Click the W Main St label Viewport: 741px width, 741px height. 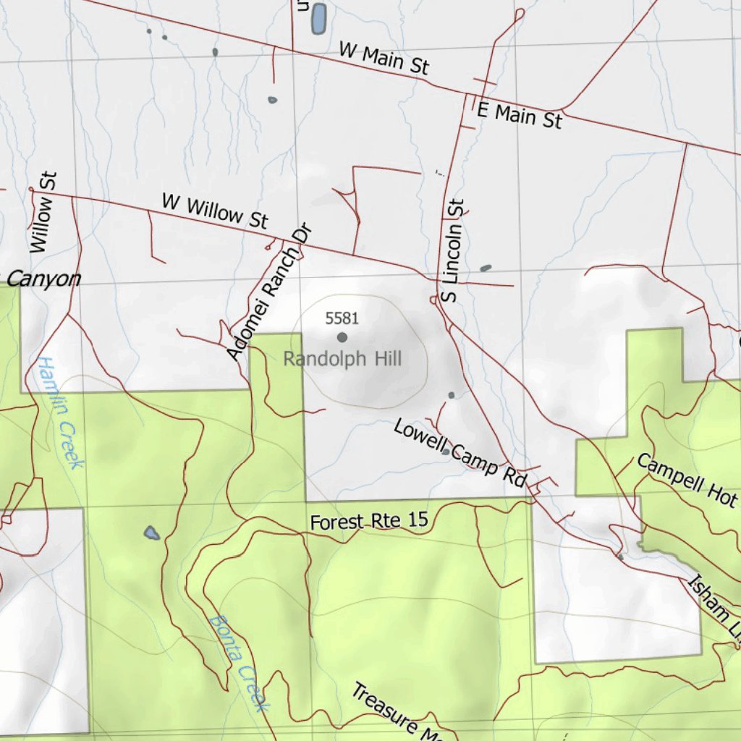(384, 58)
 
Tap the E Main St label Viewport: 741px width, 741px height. (520, 114)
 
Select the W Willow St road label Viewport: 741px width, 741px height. (215, 211)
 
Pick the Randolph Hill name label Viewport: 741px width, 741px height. (342, 359)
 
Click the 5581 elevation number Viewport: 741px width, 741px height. (342, 318)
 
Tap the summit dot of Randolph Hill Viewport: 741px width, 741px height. (342, 336)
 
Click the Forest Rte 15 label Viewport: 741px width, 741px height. (369, 520)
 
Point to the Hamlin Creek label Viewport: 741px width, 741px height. (57, 411)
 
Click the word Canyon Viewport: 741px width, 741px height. (44, 279)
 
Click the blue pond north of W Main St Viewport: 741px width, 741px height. (318, 19)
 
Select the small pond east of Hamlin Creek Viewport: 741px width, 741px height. (151, 533)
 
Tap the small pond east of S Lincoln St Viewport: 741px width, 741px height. (485, 268)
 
